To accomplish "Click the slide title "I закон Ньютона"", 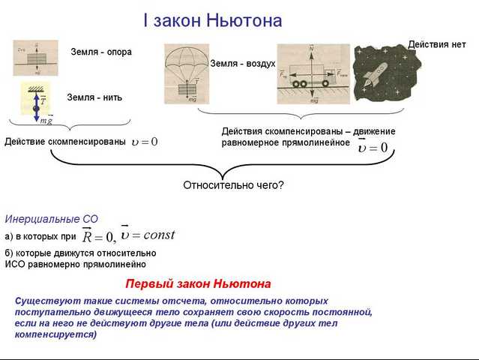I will pos(213,20).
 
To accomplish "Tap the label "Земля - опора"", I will pos(101,52).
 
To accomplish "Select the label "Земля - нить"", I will pos(94,97).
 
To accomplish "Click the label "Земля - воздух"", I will pos(243,64).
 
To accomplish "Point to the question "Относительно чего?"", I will pos(234,185).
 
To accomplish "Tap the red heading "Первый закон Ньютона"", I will pos(198,284).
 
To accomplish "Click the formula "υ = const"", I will pos(148,235).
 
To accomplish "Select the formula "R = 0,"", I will pos(98,237).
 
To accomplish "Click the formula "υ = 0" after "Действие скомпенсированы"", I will pos(144,141).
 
